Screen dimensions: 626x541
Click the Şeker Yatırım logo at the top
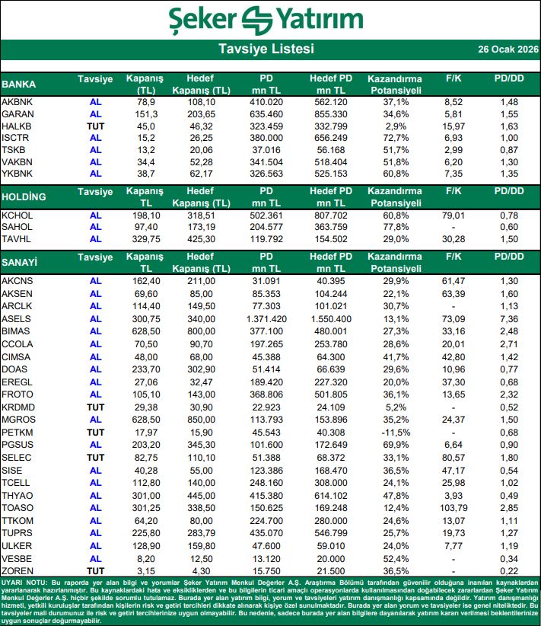tap(270, 20)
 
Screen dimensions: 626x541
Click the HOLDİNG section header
tap(24, 197)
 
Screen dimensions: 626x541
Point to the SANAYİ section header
tap(20, 262)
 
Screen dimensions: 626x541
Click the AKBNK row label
tap(18, 101)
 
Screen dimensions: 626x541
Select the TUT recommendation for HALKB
tap(95, 126)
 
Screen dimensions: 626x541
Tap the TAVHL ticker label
tap(18, 240)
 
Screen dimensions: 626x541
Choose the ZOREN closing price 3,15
tap(146, 570)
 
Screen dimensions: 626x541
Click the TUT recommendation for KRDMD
tap(95, 407)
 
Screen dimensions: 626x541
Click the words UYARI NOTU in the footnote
tap(24, 582)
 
